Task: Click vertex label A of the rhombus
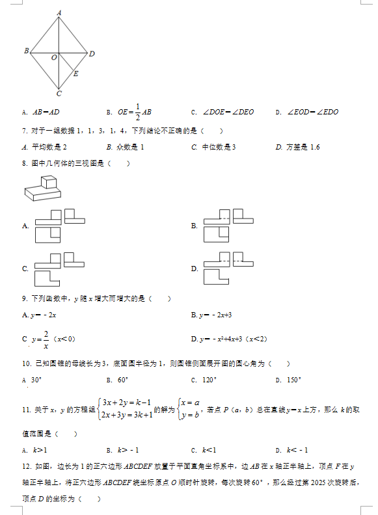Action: (59, 12)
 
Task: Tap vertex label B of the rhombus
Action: (25, 51)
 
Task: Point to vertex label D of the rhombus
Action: (92, 53)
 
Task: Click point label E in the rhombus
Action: (75, 73)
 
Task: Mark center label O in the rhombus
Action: (54, 58)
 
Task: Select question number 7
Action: (25, 130)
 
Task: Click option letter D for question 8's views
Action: (194, 269)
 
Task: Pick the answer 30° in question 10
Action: (36, 380)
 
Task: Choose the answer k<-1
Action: (297, 450)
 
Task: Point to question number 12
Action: (27, 467)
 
